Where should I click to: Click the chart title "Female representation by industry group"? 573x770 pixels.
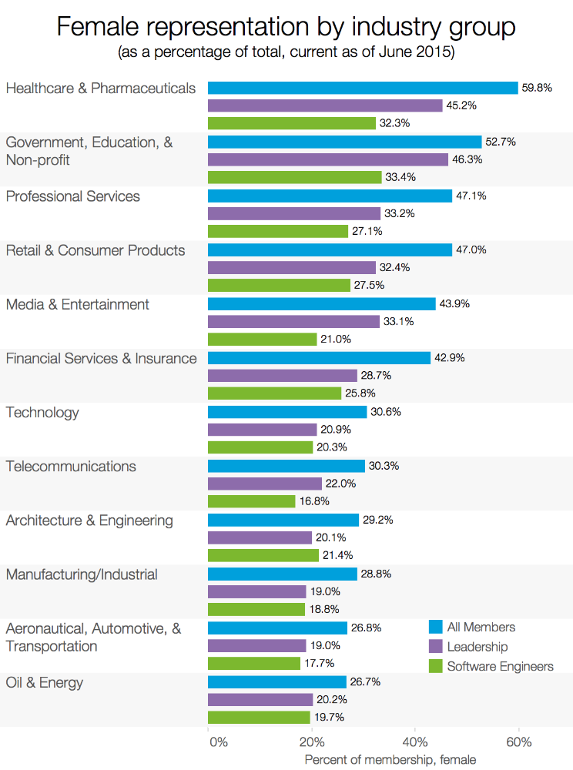click(286, 28)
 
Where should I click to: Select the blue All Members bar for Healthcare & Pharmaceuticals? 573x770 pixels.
click(363, 88)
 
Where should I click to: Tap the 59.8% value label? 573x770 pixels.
click(537, 88)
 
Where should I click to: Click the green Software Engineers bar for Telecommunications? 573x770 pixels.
click(251, 501)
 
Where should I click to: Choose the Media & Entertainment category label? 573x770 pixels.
click(78, 304)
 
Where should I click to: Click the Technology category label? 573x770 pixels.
click(42, 412)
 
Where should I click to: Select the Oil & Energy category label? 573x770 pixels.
click(45, 682)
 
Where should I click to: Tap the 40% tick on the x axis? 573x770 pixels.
click(415, 742)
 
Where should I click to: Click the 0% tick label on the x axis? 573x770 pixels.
click(218, 742)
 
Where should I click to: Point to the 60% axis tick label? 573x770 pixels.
click(519, 742)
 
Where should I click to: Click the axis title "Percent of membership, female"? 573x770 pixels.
click(390, 760)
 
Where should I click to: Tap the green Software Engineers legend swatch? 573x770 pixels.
click(434, 666)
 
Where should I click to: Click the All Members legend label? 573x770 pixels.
click(481, 627)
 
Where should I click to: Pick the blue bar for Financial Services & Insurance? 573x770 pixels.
click(319, 358)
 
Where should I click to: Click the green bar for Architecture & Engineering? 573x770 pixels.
click(263, 555)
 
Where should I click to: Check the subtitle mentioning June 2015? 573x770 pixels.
click(286, 54)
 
